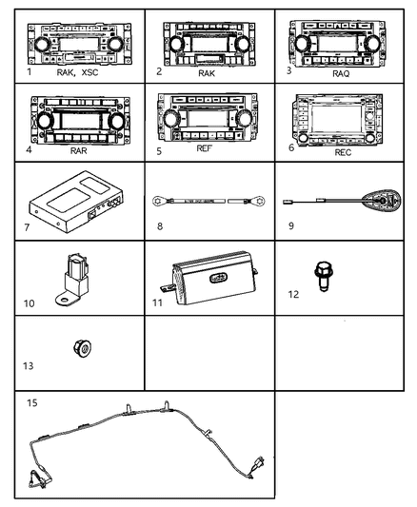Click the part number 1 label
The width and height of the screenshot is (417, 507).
click(30, 71)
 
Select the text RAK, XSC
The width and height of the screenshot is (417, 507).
click(77, 71)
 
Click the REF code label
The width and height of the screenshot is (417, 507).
click(205, 148)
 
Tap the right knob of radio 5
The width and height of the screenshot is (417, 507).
click(245, 118)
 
